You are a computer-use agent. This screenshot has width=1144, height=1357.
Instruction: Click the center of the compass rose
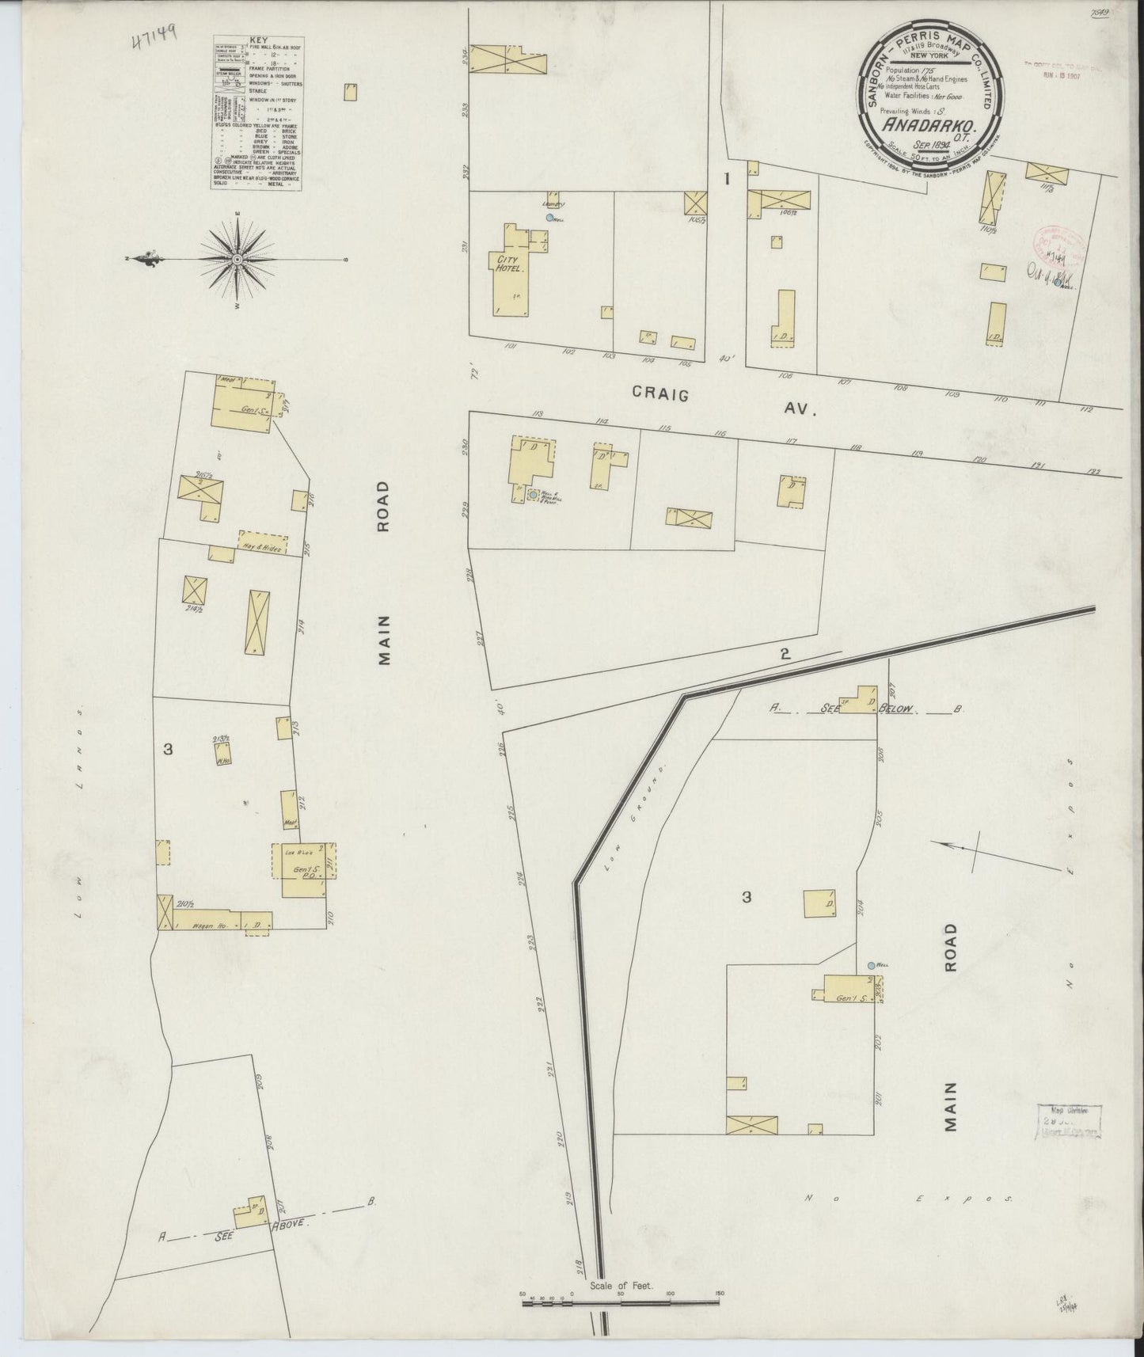tap(237, 259)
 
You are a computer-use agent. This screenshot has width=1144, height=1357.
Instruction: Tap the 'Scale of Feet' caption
tap(620, 1286)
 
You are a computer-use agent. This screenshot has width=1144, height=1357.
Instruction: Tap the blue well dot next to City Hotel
tap(549, 216)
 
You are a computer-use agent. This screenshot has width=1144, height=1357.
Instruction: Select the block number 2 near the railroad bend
tap(784, 654)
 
